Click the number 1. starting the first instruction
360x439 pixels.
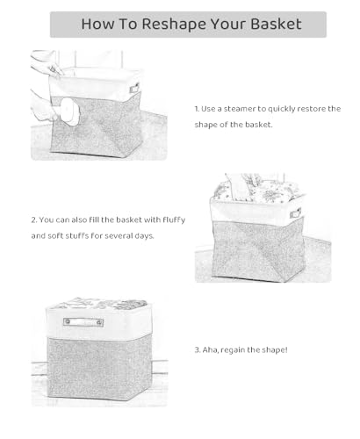[198, 109]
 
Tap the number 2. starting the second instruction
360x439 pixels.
[34, 219]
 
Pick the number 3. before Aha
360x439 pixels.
[198, 350]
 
